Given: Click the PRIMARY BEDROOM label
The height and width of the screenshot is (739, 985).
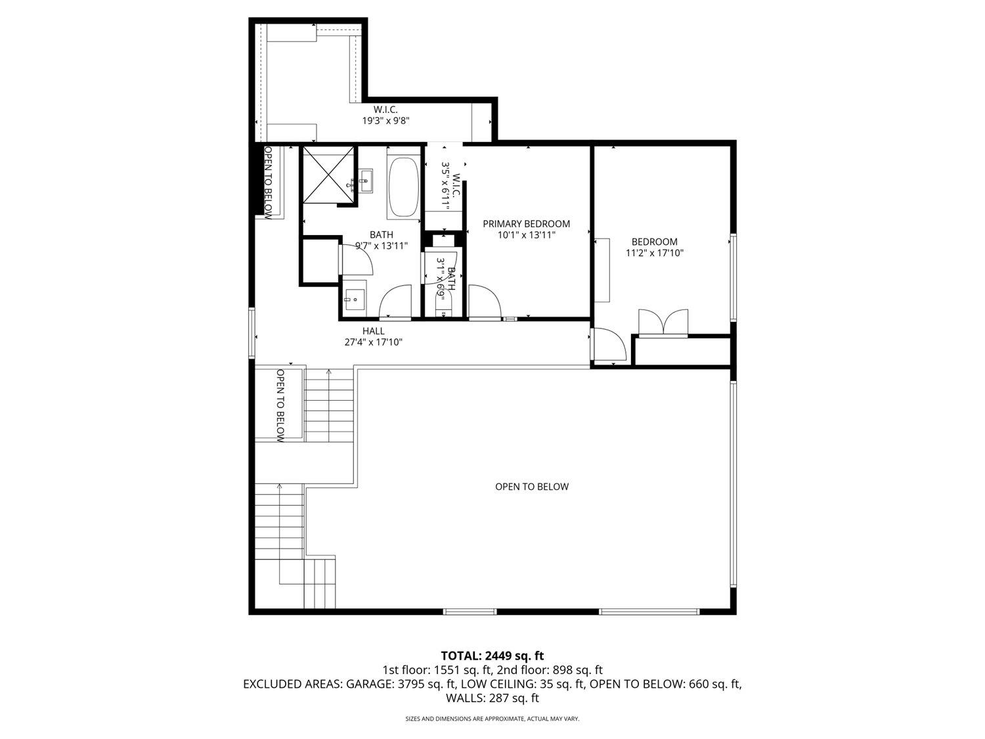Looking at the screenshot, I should tap(526, 224).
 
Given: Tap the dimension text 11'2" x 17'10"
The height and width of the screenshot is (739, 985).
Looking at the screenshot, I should tap(655, 253).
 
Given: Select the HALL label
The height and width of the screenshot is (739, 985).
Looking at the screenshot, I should tap(373, 331).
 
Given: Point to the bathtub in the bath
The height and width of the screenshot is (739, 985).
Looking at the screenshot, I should tap(403, 187).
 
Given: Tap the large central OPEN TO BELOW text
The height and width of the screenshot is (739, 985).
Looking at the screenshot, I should tap(531, 487).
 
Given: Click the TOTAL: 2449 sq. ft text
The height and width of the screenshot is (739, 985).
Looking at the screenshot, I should tap(492, 656).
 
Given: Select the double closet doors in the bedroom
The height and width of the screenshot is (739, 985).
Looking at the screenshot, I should tap(665, 323).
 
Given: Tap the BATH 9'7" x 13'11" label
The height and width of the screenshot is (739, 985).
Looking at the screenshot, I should tap(382, 240).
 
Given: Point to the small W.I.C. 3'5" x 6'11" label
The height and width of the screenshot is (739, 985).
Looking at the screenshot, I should tap(451, 186).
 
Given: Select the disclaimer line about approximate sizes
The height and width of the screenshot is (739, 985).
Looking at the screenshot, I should tap(492, 719).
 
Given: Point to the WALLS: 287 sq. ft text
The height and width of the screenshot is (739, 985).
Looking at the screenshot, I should tap(492, 698).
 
